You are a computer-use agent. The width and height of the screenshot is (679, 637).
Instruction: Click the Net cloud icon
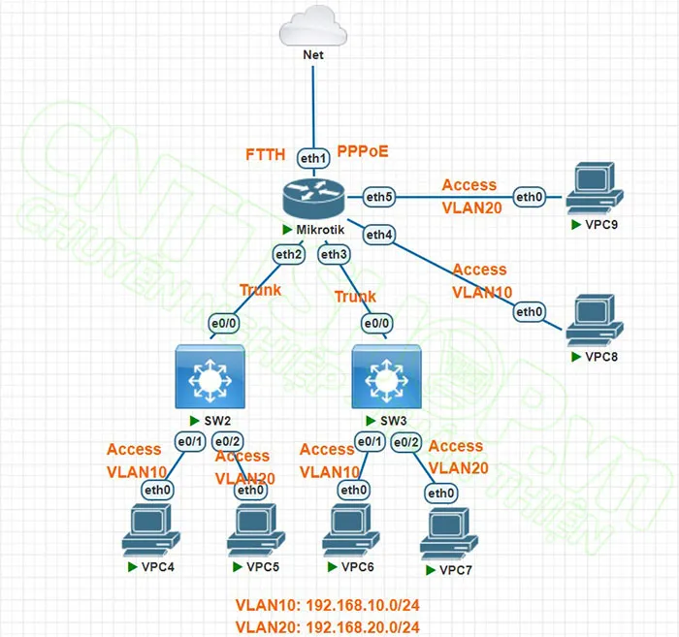[313, 24]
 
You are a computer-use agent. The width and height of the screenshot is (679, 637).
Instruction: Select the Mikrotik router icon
[313, 197]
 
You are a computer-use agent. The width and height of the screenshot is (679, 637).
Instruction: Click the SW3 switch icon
[386, 377]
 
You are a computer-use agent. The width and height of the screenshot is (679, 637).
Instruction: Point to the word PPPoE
[363, 152]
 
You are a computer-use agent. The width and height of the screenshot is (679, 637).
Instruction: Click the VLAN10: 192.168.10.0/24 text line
[328, 606]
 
